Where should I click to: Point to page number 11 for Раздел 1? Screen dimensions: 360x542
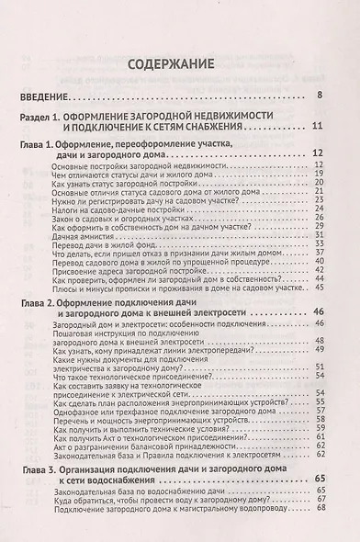coord(318,128)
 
